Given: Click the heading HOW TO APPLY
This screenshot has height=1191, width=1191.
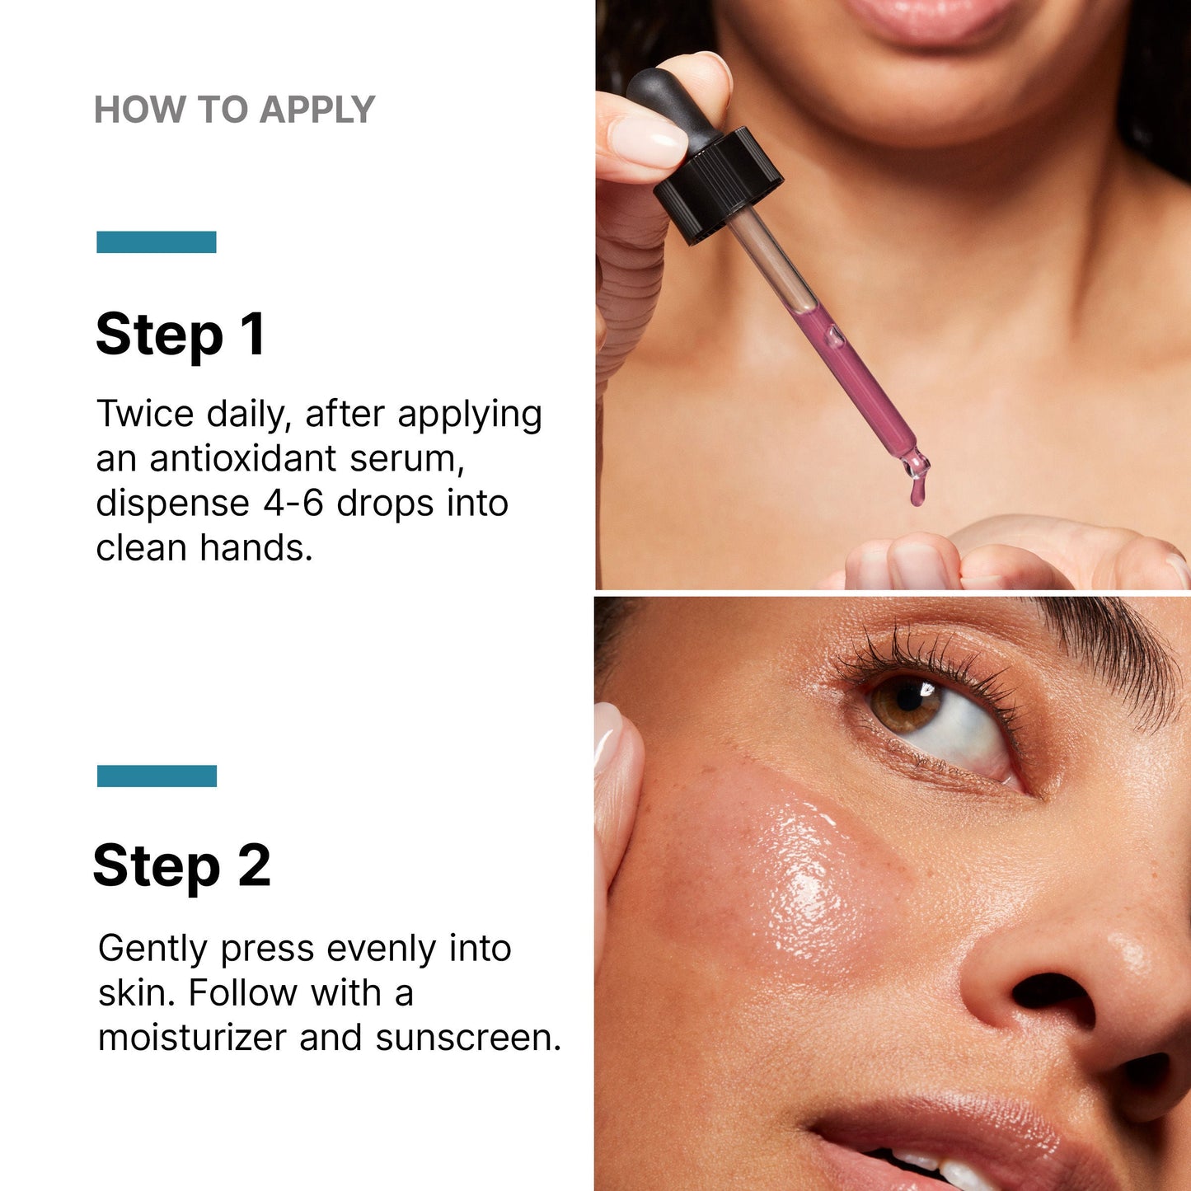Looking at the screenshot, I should pos(235,110).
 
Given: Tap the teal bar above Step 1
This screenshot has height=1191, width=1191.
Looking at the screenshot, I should pos(157,242).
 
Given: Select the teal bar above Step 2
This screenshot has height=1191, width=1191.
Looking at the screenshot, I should pos(157,776).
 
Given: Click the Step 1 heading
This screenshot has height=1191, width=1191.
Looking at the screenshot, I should pos(181,335).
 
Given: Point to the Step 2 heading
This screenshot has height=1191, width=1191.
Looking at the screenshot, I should pos(182,866).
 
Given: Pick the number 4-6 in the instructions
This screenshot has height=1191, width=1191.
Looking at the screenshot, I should pos(293,504).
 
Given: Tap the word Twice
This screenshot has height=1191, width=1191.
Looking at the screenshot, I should pos(146,414).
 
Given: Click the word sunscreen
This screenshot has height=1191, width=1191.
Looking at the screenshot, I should pos(467,1037).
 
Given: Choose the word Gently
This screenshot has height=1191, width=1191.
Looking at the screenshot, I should pos(152,949).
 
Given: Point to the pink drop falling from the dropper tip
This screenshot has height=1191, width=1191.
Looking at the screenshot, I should pos(917,492).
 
